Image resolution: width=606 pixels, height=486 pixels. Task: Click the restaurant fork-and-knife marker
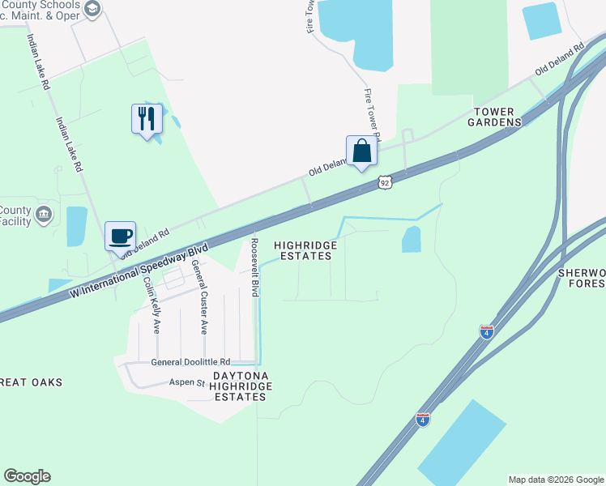tap(147, 119)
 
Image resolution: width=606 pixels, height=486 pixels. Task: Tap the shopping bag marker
tap(361, 151)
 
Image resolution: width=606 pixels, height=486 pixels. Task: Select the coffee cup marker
tap(121, 237)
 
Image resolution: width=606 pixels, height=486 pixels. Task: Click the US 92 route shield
tap(386, 183)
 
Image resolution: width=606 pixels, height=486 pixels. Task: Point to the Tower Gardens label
tap(494, 116)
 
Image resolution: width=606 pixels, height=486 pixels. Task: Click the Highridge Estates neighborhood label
tap(303, 250)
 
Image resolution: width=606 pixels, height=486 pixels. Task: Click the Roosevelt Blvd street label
tap(254, 268)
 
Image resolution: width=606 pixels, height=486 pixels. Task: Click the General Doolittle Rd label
tap(191, 362)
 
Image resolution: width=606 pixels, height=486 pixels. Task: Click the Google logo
tap(27, 476)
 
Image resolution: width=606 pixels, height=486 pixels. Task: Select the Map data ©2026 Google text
tap(555, 480)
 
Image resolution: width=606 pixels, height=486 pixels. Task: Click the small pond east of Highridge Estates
tap(412, 239)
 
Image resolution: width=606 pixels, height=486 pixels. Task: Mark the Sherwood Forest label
tap(581, 278)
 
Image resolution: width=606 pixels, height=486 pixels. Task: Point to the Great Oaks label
tap(31, 382)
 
